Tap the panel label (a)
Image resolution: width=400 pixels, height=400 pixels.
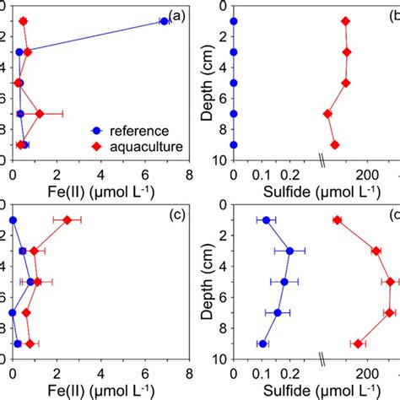(176, 16)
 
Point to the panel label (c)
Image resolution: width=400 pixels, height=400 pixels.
(176, 215)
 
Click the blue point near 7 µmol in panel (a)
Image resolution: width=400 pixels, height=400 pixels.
(165, 21)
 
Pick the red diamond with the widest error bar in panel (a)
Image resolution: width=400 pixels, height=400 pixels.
(40, 113)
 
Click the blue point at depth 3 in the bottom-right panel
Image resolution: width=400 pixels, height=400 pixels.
(289, 251)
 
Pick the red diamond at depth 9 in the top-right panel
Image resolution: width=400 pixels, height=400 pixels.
(334, 145)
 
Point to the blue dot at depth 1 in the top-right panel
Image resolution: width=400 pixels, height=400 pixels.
(234, 21)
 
